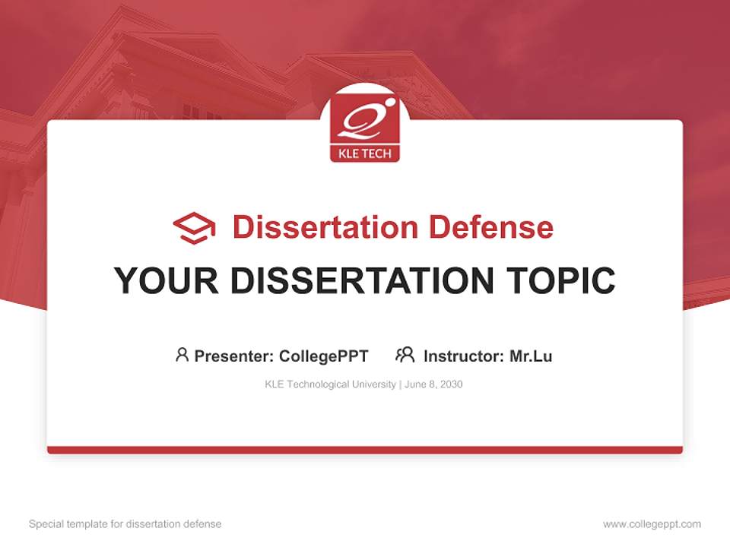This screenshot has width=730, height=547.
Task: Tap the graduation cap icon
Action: (194, 228)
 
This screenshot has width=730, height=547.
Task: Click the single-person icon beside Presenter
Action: (182, 355)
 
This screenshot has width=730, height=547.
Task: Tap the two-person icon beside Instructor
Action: (405, 355)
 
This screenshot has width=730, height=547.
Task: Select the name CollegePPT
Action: (324, 356)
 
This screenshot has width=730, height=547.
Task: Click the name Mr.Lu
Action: (531, 356)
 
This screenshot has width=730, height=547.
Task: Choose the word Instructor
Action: (462, 356)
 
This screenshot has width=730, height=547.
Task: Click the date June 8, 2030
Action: (433, 384)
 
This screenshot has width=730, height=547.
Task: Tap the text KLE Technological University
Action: (330, 384)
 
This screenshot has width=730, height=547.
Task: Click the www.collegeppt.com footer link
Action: (652, 524)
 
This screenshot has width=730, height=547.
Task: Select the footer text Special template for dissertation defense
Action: (125, 524)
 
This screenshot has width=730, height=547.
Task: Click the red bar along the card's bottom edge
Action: (365, 450)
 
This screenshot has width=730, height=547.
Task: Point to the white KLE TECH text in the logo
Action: (364, 154)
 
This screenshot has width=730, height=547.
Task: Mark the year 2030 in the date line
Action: (450, 384)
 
